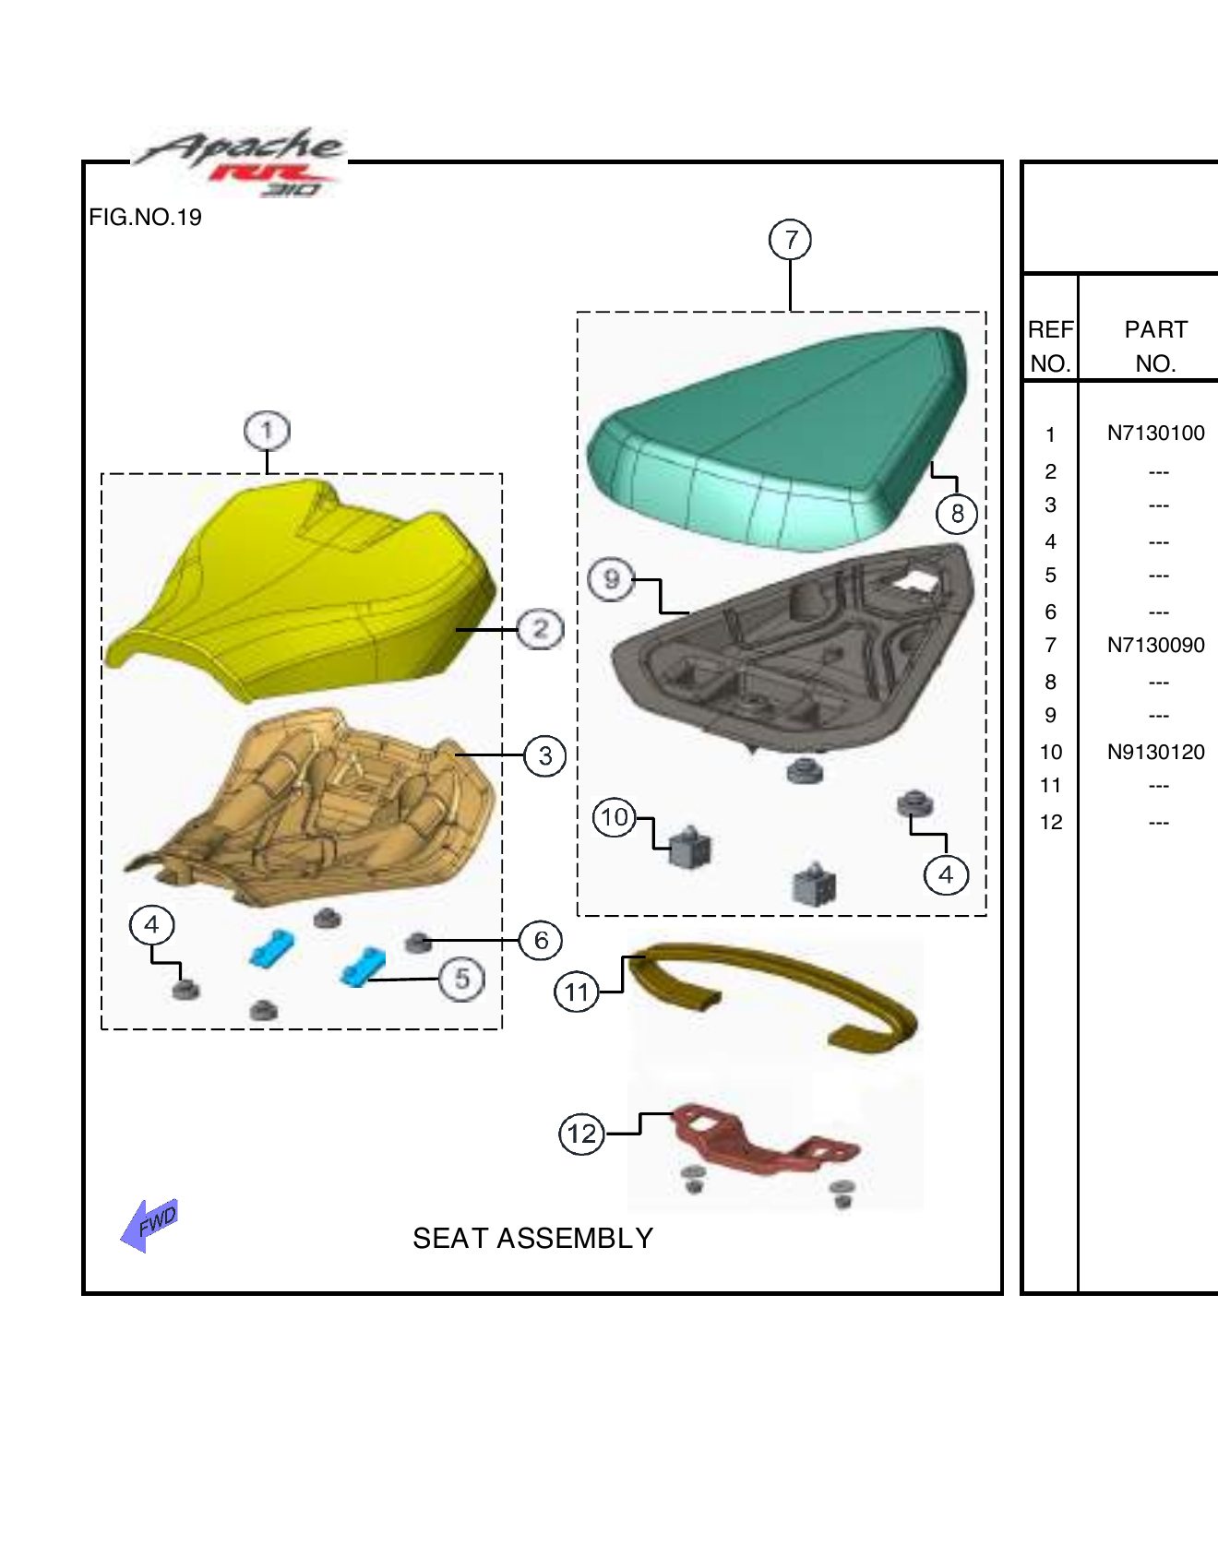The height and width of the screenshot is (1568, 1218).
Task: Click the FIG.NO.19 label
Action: (x=145, y=217)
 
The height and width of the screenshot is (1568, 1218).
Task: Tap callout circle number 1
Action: (x=267, y=431)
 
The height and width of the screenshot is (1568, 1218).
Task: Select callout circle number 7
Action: (x=791, y=240)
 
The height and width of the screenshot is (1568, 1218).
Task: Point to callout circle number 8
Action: (x=957, y=513)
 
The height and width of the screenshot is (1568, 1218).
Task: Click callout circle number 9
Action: (x=611, y=580)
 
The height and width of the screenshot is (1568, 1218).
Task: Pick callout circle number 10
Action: (x=615, y=817)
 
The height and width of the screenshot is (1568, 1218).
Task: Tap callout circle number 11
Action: (x=577, y=992)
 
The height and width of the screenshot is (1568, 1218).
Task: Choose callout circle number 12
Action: (x=582, y=1134)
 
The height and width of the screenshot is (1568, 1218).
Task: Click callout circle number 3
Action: (x=545, y=756)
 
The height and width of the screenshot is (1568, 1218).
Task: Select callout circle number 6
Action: (x=541, y=940)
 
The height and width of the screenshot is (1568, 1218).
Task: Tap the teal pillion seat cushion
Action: (x=775, y=434)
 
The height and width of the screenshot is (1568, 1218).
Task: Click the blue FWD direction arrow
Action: (x=149, y=1224)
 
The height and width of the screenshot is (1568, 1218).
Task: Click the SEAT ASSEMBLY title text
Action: (x=532, y=1238)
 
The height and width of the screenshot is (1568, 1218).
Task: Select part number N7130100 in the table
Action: (x=1155, y=433)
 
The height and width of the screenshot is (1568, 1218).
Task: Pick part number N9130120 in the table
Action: (x=1155, y=752)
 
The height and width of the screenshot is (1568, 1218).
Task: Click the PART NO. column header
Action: (x=1155, y=346)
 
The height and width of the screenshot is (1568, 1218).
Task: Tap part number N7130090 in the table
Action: (x=1155, y=645)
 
